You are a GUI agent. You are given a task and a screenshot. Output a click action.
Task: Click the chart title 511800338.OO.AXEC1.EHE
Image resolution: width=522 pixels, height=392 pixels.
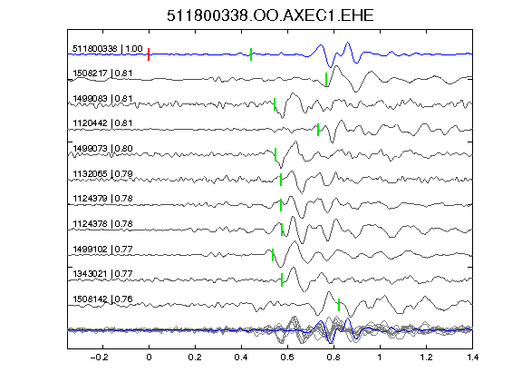270,15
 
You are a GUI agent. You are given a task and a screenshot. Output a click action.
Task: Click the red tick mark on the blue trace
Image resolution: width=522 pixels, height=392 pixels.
149,54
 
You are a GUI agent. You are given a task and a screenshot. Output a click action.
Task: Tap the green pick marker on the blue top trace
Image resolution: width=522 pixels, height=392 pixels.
251,54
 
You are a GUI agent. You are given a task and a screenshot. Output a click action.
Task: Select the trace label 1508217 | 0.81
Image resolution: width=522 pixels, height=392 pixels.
102,73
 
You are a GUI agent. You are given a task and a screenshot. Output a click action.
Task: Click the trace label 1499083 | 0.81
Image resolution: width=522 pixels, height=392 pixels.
102,99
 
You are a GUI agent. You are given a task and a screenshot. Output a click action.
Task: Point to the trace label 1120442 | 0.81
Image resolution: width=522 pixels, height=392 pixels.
102,123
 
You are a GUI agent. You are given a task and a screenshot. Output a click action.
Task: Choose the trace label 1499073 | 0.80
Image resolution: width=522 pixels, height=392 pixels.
102,148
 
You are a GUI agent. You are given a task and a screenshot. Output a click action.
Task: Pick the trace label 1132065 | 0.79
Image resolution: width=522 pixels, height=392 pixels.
102,173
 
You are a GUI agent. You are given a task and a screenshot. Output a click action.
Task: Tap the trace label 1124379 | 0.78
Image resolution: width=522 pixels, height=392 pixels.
102,199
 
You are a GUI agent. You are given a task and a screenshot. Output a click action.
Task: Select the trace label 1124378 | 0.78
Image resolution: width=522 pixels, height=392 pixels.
102,223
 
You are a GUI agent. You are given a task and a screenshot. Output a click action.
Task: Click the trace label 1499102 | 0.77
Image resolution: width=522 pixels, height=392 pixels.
102,249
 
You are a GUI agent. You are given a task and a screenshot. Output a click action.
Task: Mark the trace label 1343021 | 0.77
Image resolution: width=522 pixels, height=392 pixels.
102,274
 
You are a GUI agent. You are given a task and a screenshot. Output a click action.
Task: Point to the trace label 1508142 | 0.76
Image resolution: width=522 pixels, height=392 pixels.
102,299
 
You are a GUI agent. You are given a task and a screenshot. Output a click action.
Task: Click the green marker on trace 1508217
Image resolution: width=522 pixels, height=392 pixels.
326,80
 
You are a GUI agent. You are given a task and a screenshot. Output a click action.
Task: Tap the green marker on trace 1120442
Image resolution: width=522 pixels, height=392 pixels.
318,130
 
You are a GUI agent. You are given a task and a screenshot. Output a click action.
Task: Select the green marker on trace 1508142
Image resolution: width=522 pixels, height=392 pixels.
339,305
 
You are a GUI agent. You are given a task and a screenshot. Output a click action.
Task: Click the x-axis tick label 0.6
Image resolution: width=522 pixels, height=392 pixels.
287,358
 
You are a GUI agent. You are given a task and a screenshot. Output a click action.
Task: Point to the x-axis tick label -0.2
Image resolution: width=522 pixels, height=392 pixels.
100,358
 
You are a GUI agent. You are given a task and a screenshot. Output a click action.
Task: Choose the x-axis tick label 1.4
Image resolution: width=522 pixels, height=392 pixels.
472,358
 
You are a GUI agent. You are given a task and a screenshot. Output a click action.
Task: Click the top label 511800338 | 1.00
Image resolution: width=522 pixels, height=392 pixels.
108,49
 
